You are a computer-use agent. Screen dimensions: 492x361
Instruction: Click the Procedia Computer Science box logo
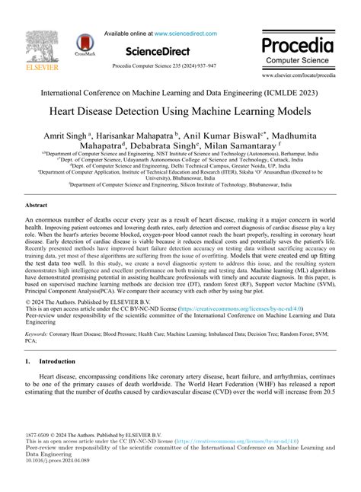(x=298, y=47)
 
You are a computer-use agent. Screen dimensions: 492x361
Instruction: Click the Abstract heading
(x=37, y=206)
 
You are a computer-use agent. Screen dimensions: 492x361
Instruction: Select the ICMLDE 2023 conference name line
(x=180, y=92)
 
